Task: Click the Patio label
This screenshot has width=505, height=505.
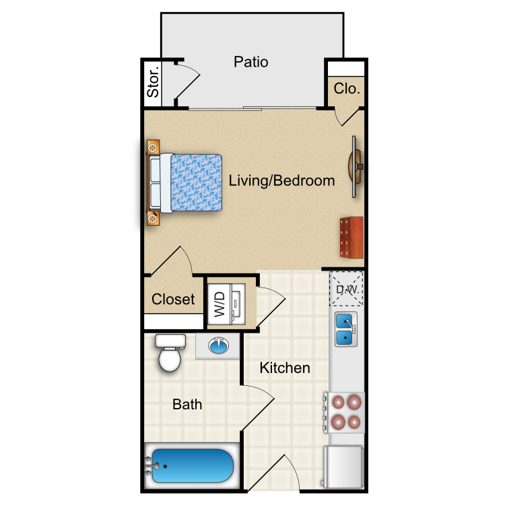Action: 251,62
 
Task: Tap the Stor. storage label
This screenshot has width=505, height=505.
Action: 153,81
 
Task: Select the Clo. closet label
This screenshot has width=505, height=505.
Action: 347,88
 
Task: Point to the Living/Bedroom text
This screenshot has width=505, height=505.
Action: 281,180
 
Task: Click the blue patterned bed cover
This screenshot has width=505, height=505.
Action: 196,182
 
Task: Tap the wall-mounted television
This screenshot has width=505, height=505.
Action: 356,166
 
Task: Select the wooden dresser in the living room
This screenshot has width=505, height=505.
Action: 351,238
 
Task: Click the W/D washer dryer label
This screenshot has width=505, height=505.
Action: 220,304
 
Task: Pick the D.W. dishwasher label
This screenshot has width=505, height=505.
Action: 347,290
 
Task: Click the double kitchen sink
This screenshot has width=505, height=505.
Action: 345,329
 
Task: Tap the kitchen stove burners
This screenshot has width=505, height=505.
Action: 346,412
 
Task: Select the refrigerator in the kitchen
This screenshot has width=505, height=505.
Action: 343,467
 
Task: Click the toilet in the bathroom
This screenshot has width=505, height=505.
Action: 170,353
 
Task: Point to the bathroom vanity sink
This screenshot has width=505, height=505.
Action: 218,346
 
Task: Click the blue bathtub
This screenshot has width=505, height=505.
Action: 193,466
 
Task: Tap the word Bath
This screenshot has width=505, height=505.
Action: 187,404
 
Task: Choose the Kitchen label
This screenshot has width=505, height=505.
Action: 285,368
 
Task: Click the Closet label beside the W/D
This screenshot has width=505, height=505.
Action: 173,299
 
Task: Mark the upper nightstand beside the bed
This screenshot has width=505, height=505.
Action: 153,147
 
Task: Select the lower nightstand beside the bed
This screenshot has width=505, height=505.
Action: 153,218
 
